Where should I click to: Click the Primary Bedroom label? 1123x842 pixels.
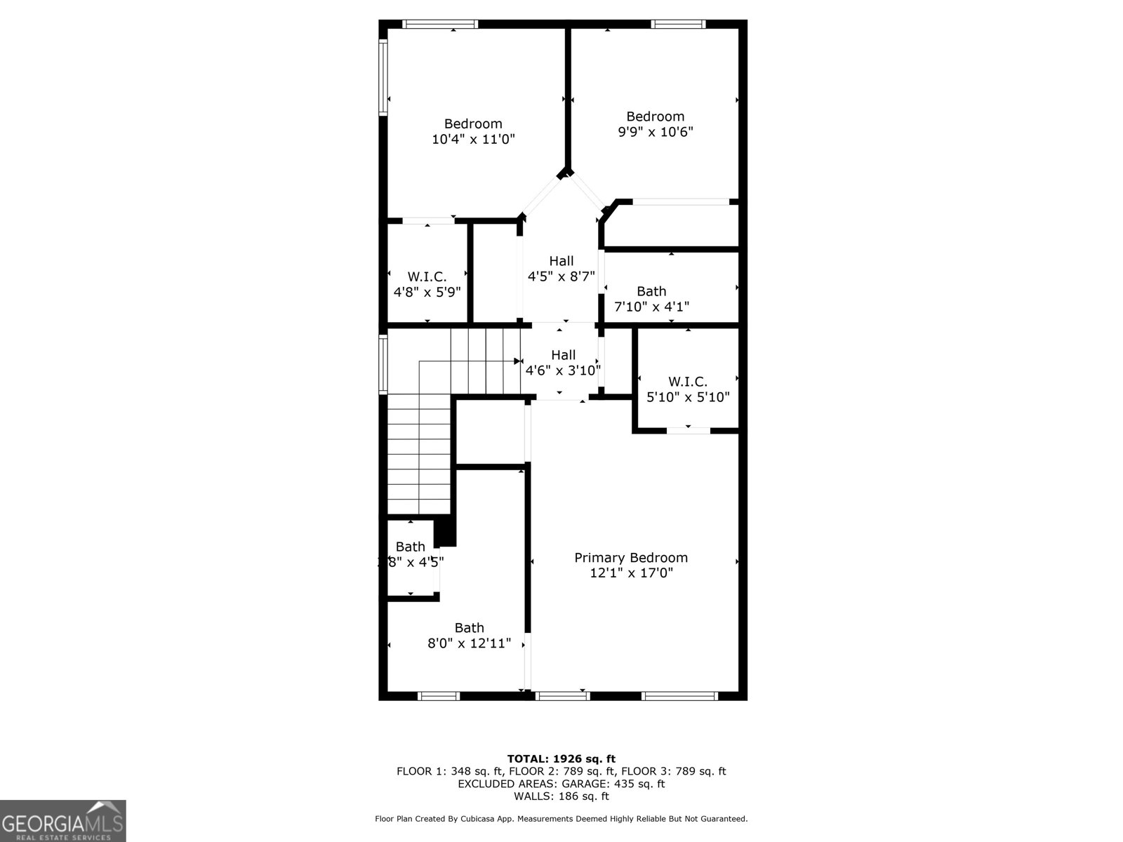[x=631, y=558]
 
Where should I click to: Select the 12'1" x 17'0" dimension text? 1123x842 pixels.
[x=631, y=573]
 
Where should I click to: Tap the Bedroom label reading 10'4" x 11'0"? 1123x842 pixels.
[x=473, y=124]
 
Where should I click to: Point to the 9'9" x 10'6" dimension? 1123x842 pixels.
[x=656, y=132]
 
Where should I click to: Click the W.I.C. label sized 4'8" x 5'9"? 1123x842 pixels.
[x=427, y=277]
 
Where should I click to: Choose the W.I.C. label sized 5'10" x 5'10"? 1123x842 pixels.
[x=687, y=382]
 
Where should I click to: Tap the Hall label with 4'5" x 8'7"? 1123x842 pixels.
[x=561, y=261]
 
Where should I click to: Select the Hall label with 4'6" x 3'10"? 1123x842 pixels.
[x=563, y=355]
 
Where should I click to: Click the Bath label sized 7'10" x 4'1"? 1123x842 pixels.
[x=651, y=291]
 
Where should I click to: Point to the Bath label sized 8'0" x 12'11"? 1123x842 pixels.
[x=469, y=628]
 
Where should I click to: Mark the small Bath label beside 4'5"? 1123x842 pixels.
[x=410, y=547]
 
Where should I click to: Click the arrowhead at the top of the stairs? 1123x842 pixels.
[x=517, y=361]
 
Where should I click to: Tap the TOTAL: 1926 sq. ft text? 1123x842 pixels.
[x=561, y=759]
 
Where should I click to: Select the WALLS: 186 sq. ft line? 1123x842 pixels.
[x=561, y=796]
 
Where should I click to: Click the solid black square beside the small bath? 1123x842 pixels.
[x=445, y=531]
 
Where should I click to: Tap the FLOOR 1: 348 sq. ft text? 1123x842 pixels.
[x=449, y=771]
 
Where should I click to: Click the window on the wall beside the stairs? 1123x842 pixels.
[x=383, y=363]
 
